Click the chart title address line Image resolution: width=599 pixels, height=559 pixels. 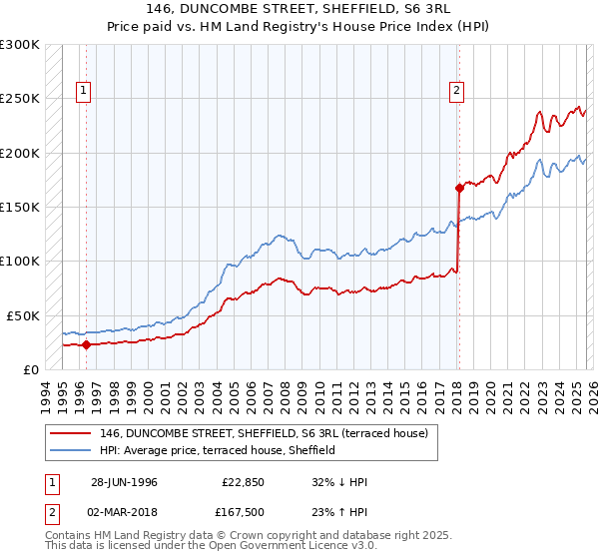click(299, 9)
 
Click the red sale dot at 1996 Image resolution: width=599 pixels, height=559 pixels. click(86, 345)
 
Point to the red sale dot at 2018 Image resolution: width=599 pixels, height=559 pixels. click(459, 188)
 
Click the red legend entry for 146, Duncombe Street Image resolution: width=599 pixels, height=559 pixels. click(264, 433)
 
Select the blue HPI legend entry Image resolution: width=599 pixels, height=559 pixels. click(217, 450)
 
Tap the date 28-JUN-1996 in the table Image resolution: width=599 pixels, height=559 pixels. click(124, 482)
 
